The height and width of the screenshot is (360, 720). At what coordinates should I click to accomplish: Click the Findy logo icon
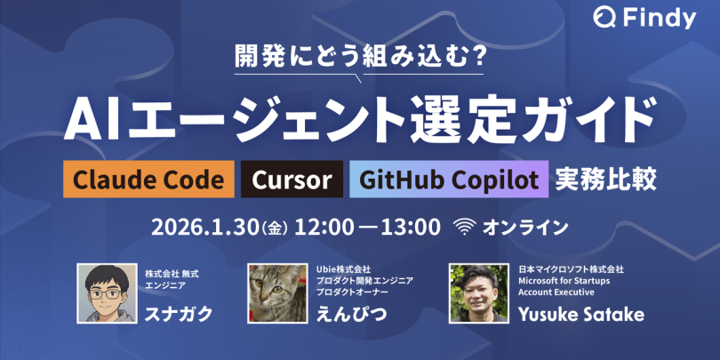coord(604,18)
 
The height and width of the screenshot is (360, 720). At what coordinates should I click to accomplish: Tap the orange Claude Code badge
coord(148,179)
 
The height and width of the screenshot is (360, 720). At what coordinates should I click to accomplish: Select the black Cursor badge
coord(292,179)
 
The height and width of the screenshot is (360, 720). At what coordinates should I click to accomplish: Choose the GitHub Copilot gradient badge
coord(449,179)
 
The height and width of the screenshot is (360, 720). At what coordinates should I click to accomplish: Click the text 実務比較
coord(605,180)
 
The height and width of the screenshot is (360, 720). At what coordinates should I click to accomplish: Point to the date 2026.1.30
coord(205,228)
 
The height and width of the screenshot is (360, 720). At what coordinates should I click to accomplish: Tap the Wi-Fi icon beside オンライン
coord(464,227)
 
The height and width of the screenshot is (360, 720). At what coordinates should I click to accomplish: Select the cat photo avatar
coord(277,293)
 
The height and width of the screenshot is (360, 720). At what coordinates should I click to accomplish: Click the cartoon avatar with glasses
coord(107,293)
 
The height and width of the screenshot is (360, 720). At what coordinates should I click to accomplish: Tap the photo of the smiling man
coord(478,293)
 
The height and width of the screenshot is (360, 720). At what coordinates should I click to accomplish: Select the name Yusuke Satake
coord(580,315)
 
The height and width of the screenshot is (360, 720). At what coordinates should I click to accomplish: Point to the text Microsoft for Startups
coord(564,280)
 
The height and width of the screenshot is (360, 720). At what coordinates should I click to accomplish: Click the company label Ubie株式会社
coord(343,268)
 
